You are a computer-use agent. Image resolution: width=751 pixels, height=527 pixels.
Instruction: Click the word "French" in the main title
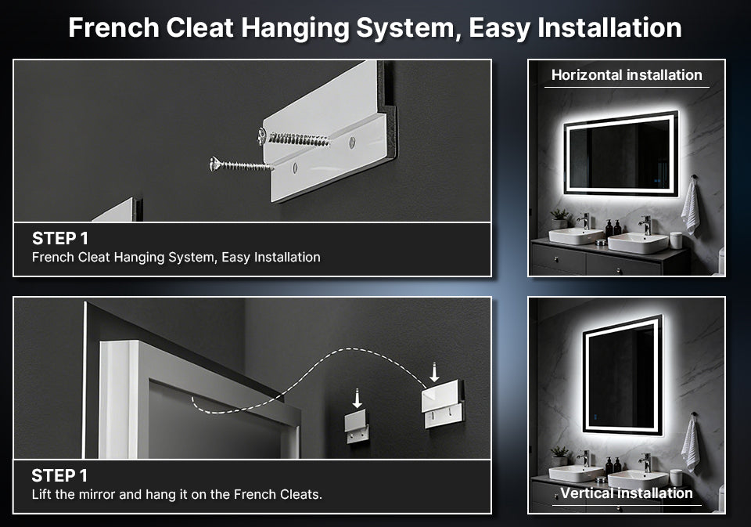pyautogui.click(x=114, y=27)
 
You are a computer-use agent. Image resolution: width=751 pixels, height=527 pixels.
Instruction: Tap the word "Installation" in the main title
pyautogui.click(x=609, y=27)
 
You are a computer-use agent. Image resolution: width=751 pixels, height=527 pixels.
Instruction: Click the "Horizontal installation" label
pyautogui.click(x=627, y=75)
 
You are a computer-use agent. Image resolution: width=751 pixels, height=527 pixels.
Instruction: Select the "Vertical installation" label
pyautogui.click(x=627, y=493)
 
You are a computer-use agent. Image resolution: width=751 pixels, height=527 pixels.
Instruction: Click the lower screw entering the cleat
pyautogui.click(x=241, y=165)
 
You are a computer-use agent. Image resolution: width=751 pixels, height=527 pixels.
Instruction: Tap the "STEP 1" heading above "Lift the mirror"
pyautogui.click(x=59, y=475)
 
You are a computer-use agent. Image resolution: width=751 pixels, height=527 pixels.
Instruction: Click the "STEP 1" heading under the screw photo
pyautogui.click(x=60, y=238)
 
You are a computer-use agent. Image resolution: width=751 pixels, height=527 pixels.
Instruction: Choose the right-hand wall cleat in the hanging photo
pyautogui.click(x=443, y=403)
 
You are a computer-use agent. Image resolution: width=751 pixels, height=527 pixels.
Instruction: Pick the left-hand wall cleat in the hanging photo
pyautogui.click(x=358, y=426)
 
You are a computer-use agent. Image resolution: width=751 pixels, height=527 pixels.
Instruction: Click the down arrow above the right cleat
pyautogui.click(x=434, y=373)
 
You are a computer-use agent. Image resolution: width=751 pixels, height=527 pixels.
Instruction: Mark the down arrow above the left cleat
pyautogui.click(x=357, y=399)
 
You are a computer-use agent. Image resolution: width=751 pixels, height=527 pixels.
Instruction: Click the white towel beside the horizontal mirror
pyautogui.click(x=690, y=207)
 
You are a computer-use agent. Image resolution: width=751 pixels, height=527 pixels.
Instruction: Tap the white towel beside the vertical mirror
pyautogui.click(x=690, y=444)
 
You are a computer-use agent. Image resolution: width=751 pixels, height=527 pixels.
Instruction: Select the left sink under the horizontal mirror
pyautogui.click(x=576, y=236)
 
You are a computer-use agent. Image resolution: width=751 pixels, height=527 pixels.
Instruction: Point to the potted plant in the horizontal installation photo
pyautogui.click(x=559, y=218)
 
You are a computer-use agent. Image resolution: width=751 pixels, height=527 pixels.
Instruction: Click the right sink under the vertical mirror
pyautogui.click(x=638, y=479)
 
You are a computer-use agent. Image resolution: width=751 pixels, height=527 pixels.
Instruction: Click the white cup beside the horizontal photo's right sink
pyautogui.click(x=676, y=240)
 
